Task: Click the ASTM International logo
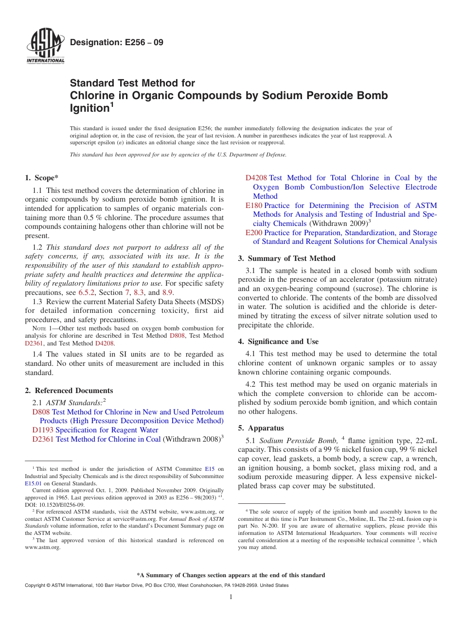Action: point(45,47)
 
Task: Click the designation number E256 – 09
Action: point(117,43)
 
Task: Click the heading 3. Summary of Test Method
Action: point(286,258)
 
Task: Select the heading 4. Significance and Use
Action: point(278,342)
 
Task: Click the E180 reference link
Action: point(254,206)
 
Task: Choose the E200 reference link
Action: point(254,233)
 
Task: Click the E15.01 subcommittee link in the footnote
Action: point(33,483)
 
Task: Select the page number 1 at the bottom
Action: point(231,597)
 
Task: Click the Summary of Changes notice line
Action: point(231,575)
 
